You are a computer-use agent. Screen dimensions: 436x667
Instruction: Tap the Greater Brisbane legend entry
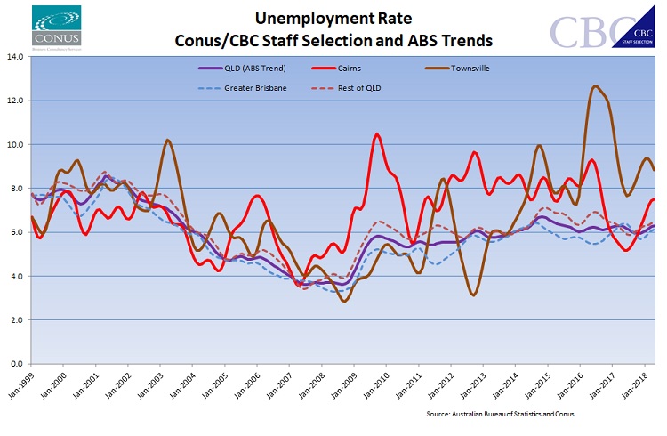[252, 88]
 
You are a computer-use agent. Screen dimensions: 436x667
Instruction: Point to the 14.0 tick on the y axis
[15, 57]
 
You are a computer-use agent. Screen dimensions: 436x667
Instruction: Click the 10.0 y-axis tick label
[15, 144]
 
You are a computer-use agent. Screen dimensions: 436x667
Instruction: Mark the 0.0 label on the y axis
[18, 363]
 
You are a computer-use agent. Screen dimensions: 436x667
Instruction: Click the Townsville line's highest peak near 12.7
[594, 86]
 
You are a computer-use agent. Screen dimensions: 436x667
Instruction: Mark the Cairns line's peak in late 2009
[377, 134]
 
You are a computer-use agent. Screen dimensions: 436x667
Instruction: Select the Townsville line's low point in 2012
[474, 295]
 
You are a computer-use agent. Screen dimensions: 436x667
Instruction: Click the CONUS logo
[55, 27]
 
